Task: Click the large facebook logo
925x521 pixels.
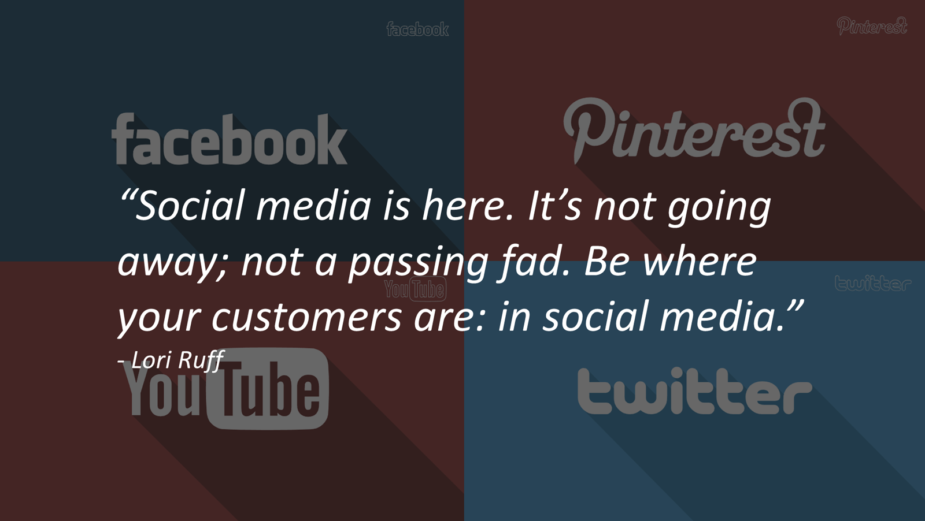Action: pyautogui.click(x=229, y=139)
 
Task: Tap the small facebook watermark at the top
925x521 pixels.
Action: pyautogui.click(x=417, y=29)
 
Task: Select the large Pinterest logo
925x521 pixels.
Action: pyautogui.click(x=694, y=129)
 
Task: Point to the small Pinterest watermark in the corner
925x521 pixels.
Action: pyautogui.click(x=872, y=25)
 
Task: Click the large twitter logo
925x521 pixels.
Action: pyautogui.click(x=694, y=390)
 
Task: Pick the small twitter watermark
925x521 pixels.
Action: pyautogui.click(x=873, y=283)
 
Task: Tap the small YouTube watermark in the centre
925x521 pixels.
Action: pyautogui.click(x=416, y=288)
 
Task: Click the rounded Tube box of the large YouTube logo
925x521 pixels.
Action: pyautogui.click(x=268, y=389)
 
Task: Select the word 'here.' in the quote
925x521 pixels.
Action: pyautogui.click(x=468, y=205)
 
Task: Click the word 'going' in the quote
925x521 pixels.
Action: pyautogui.click(x=719, y=209)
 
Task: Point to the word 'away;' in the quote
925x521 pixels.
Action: pyautogui.click(x=172, y=265)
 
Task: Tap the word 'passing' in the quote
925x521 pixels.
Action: pyautogui.click(x=419, y=263)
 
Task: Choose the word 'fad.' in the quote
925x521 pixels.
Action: pyautogui.click(x=533, y=262)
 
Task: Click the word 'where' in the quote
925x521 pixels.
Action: pyautogui.click(x=700, y=261)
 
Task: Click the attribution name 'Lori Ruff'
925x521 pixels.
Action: pyautogui.click(x=177, y=360)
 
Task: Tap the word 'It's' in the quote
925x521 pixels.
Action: pyautogui.click(x=554, y=205)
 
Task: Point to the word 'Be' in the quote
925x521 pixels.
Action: pyautogui.click(x=606, y=262)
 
